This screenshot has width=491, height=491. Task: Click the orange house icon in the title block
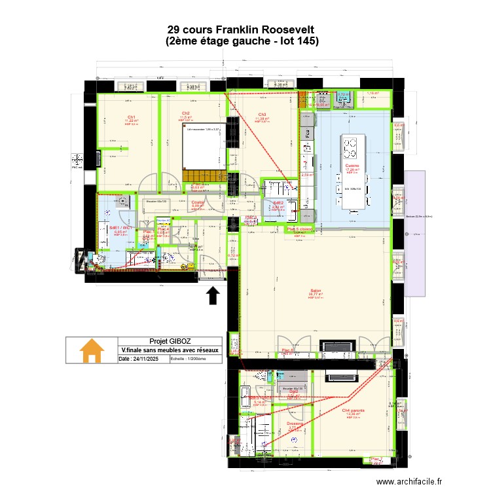tap(92, 350)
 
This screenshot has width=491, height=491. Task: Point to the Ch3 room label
tap(262, 115)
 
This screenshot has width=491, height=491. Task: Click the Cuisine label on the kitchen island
tap(352, 166)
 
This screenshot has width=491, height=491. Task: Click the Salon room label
tap(316, 291)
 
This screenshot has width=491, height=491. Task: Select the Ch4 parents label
tap(353, 410)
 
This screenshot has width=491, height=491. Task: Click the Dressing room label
tap(295, 424)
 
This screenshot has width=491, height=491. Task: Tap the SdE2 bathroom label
tap(278, 203)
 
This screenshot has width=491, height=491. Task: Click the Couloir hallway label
tap(198, 202)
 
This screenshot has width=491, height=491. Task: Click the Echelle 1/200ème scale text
tap(188, 359)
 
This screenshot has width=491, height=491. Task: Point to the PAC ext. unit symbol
tap(77, 160)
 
